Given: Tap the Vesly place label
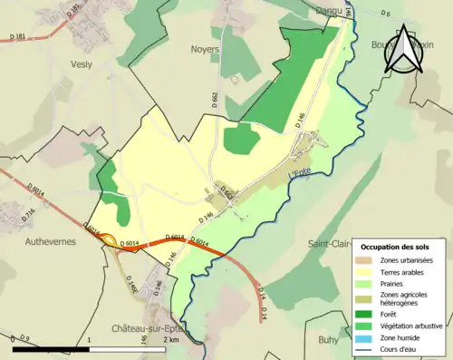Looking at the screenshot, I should click(82, 64).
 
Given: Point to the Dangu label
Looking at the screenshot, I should click(329, 9).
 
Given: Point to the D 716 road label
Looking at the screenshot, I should click(28, 214).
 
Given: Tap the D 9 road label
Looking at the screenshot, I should click(24, 339).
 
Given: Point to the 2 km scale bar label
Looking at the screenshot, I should click(172, 339).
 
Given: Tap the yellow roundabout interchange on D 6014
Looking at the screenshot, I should click(110, 241).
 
